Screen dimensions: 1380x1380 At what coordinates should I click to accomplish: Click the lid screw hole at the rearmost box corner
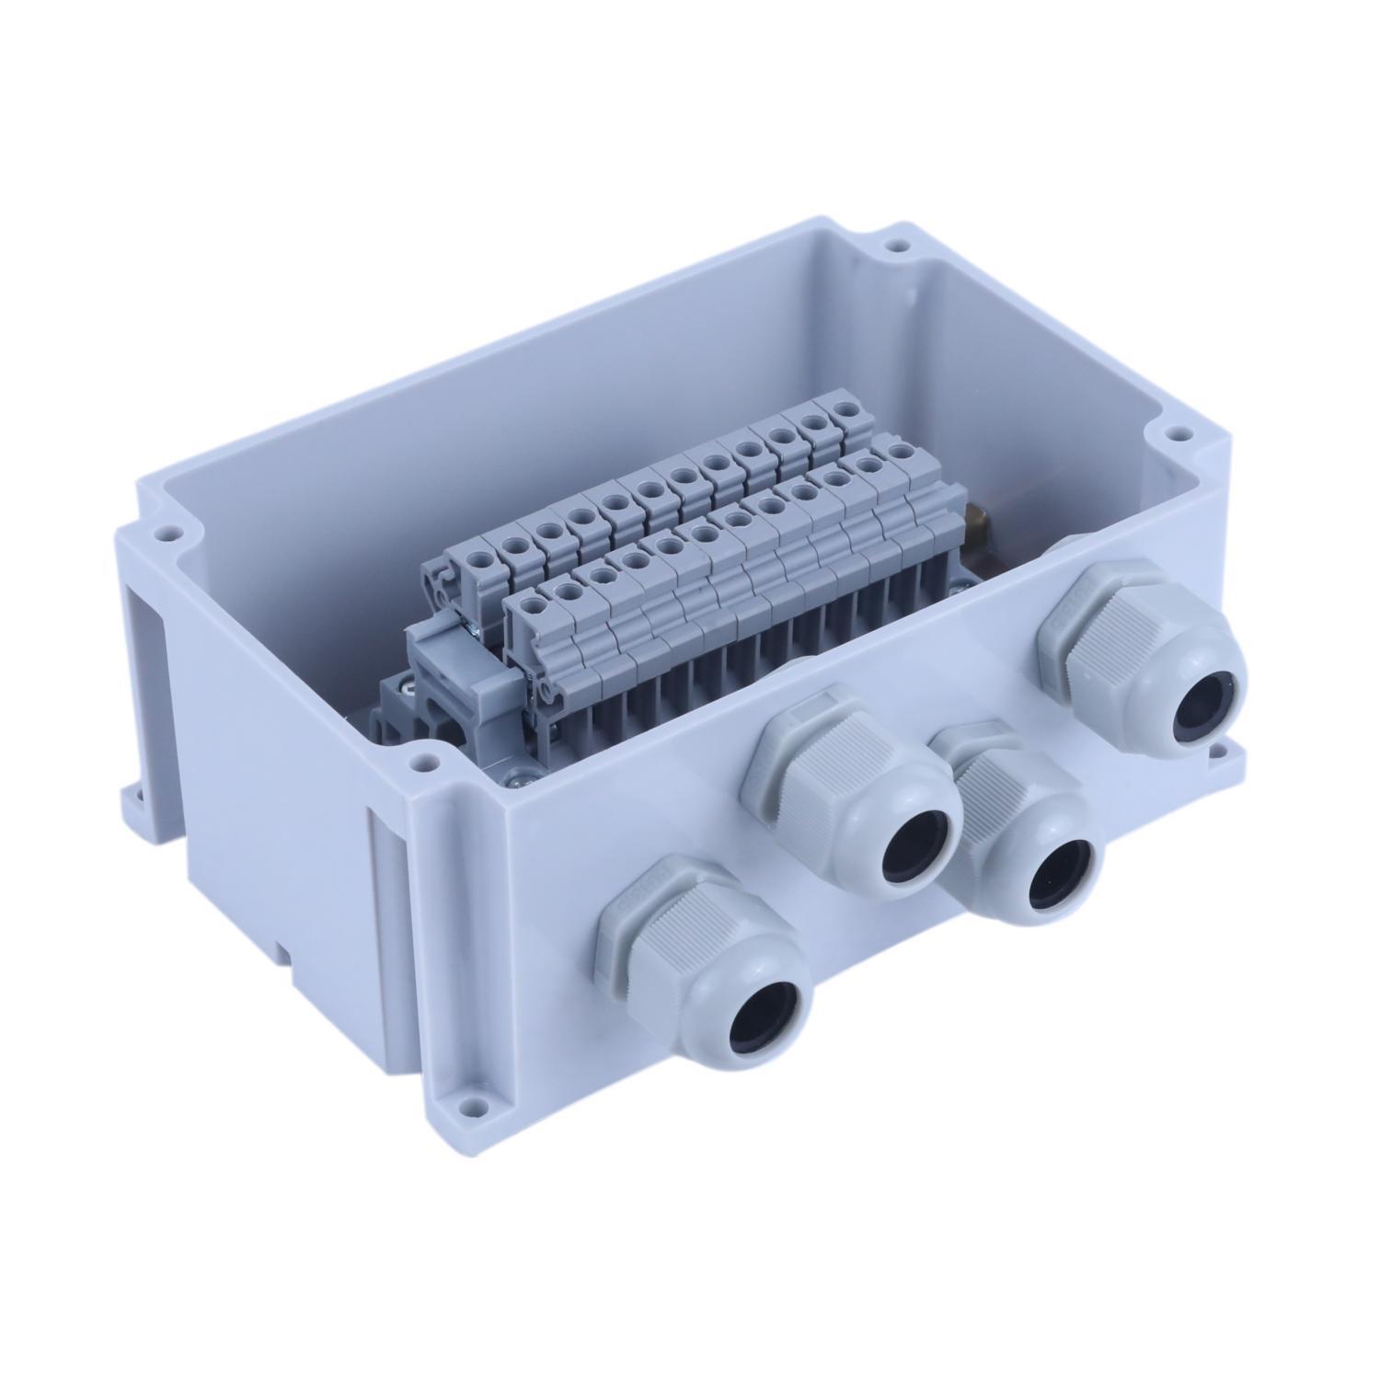pyautogui.click(x=891, y=247)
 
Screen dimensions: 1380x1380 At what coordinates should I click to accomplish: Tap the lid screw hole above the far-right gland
pyautogui.click(x=1174, y=431)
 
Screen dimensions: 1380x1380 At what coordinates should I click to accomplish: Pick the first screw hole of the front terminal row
pyautogui.click(x=530, y=604)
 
